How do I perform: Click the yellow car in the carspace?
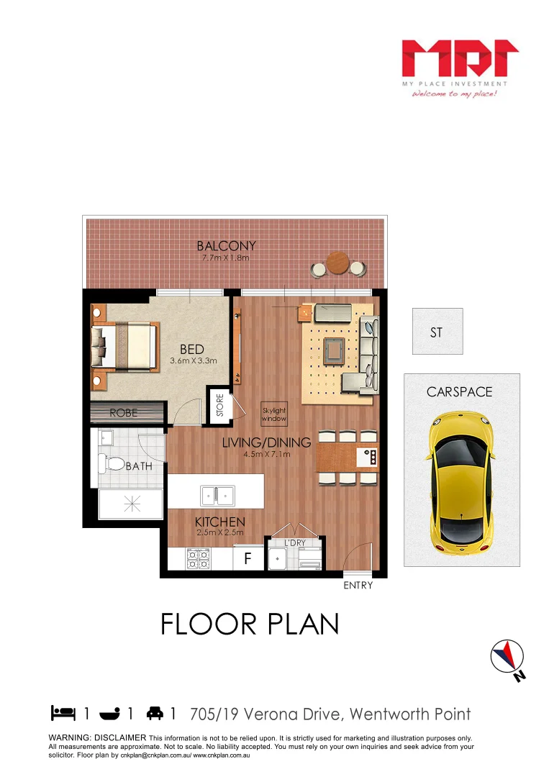pyautogui.click(x=461, y=483)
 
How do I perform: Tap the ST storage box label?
pyautogui.click(x=436, y=332)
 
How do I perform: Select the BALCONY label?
pyautogui.click(x=227, y=246)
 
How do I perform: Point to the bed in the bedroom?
pyautogui.click(x=124, y=345)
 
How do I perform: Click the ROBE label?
pyautogui.click(x=123, y=413)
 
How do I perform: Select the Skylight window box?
pyautogui.click(x=273, y=414)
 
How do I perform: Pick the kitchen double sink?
pyautogui.click(x=217, y=494)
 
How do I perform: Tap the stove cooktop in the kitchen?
pyautogui.click(x=198, y=559)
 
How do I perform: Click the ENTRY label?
pyautogui.click(x=358, y=585)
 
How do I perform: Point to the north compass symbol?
pyautogui.click(x=508, y=657)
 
